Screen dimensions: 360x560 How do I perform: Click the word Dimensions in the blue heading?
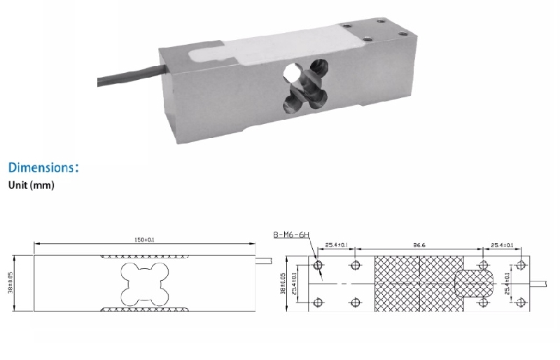41,169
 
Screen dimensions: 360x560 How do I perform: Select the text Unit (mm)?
31,186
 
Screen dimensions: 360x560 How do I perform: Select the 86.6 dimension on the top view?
420,246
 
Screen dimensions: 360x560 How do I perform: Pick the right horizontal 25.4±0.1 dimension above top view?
502,246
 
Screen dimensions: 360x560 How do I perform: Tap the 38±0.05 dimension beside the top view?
283,284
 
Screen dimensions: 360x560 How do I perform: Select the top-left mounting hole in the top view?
319,265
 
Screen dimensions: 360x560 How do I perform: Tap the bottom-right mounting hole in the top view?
521,302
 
